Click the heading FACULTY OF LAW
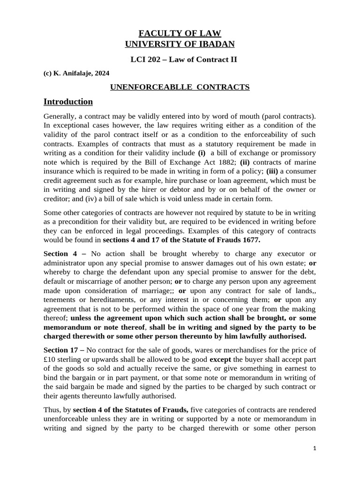tap(180, 33)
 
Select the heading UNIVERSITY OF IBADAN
tap(180, 44)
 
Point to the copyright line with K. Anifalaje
tap(76, 73)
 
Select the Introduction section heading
tap(68, 102)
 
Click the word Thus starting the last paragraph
tap(52, 410)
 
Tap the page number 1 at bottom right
tap(315, 449)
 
